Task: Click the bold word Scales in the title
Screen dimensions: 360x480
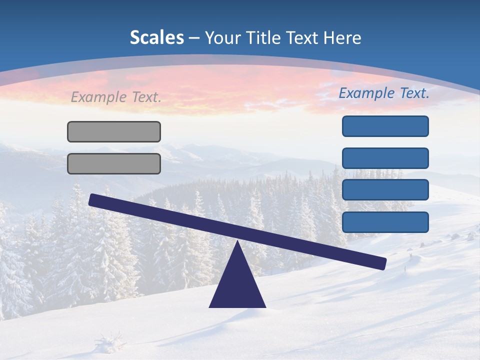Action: tap(157, 37)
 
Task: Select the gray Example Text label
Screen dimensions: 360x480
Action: tap(116, 97)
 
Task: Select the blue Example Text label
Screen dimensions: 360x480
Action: tap(384, 93)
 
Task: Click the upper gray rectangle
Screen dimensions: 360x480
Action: tap(114, 131)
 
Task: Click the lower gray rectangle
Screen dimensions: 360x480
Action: tap(114, 163)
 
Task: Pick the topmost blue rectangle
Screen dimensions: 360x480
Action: tap(385, 126)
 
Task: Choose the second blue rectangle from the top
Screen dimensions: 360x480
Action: tap(385, 158)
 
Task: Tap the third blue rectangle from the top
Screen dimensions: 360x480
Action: tap(385, 190)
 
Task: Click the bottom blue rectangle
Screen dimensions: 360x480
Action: tap(385, 222)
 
